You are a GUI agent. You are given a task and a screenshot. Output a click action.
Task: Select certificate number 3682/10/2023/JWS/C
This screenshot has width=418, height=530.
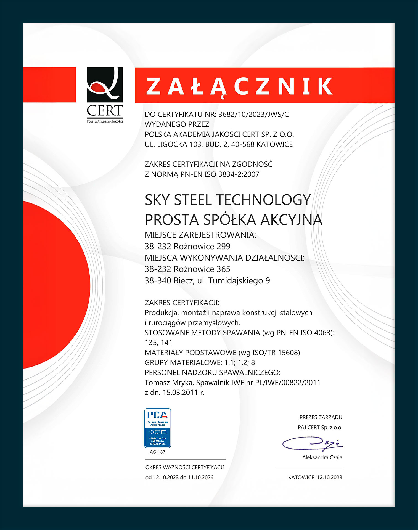(253, 114)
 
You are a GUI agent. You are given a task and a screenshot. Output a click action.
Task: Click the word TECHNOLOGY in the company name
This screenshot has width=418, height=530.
(264, 200)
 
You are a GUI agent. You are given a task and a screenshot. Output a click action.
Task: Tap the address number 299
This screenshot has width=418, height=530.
(223, 246)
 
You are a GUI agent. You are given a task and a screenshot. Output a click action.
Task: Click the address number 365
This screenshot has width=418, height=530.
(223, 269)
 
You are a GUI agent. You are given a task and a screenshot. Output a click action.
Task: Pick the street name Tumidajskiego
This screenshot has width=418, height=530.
(236, 281)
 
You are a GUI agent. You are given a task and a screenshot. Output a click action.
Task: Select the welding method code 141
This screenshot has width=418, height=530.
(166, 343)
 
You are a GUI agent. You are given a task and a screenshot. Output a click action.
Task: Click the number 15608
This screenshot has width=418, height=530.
(289, 353)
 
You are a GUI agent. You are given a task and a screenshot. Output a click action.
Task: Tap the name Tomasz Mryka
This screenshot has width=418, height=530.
(168, 383)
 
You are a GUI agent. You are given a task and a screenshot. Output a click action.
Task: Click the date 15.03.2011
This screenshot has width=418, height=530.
(180, 393)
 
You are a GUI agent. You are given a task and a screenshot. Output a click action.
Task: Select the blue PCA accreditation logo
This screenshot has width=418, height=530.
(157, 428)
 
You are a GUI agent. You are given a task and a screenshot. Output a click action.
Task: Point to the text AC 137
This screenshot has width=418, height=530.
(157, 452)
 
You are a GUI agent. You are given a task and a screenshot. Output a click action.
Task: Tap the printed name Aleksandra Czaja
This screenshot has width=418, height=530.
(322, 457)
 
